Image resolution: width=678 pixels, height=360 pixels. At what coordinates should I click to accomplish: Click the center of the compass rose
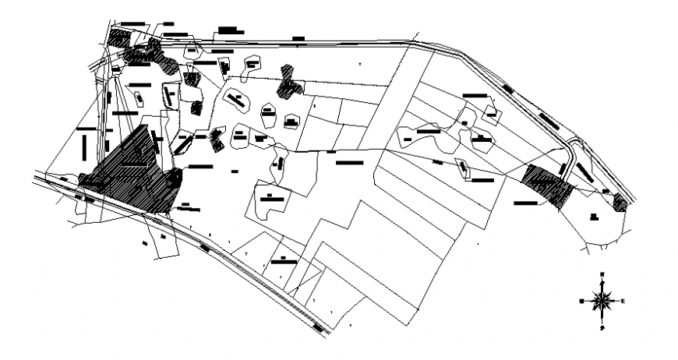(x=603, y=300)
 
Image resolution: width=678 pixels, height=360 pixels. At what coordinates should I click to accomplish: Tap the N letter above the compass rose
(x=603, y=274)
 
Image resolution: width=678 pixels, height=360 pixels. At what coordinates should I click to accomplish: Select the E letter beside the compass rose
(x=623, y=300)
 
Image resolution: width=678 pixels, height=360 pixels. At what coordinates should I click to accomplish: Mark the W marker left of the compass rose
(x=582, y=300)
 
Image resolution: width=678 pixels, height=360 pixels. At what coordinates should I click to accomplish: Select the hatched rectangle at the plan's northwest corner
(x=119, y=36)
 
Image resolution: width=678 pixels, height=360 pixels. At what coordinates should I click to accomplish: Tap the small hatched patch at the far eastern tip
(x=620, y=203)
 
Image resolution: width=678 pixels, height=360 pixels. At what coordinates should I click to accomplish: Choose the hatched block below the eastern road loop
(x=547, y=186)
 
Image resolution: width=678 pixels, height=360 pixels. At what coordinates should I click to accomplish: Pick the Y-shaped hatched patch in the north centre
(x=290, y=83)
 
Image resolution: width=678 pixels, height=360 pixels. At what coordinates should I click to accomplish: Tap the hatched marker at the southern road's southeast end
(x=318, y=328)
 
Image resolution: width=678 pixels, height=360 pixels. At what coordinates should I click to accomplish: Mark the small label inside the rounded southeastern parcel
(x=594, y=216)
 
